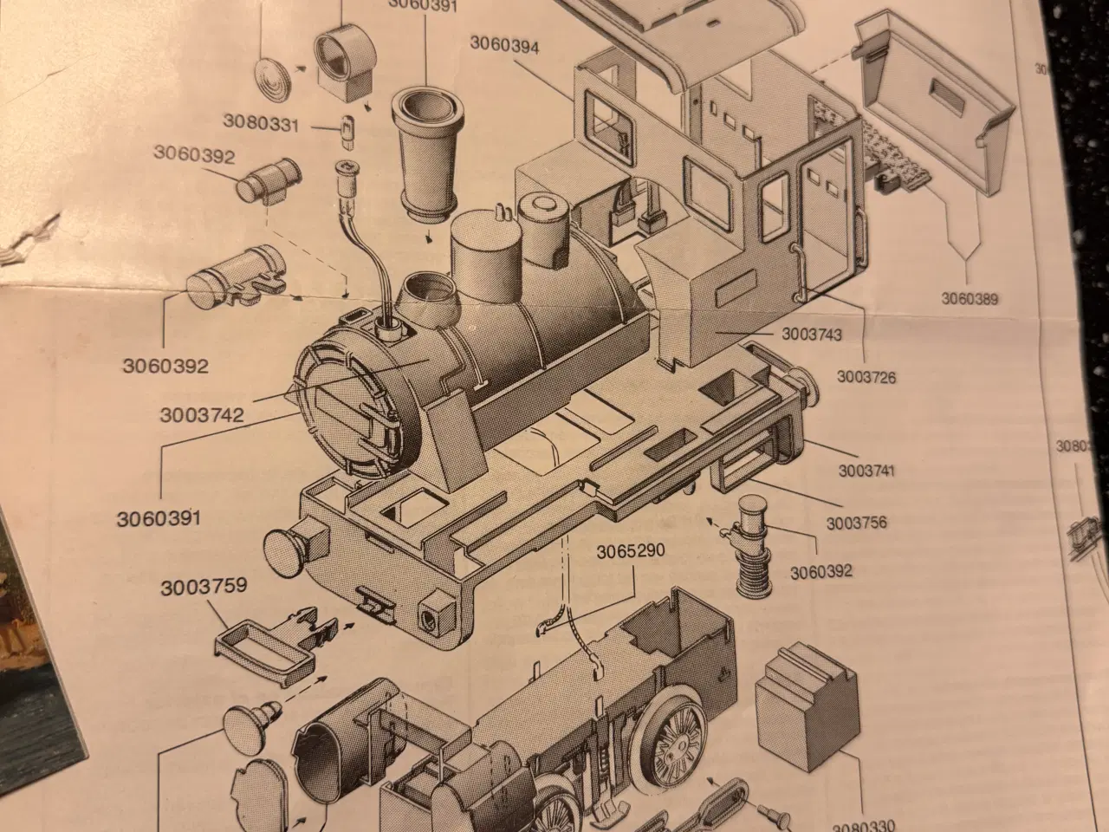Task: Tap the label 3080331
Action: tap(261, 121)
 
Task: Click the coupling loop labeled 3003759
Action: tap(256, 652)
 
